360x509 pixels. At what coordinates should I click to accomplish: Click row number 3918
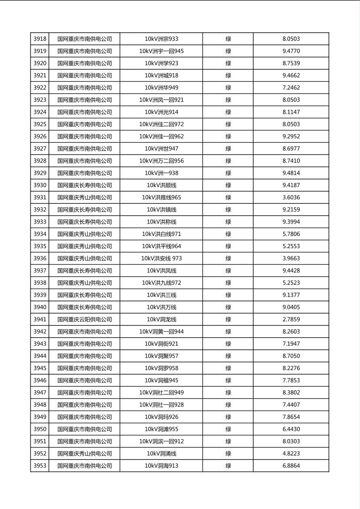(x=40, y=39)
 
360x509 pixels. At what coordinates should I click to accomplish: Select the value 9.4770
(x=291, y=51)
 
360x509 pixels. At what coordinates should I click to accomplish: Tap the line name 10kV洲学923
(x=161, y=63)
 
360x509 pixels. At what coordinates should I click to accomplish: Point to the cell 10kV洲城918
(x=161, y=75)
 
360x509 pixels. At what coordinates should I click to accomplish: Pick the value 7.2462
(x=291, y=88)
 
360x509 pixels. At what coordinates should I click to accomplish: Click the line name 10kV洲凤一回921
(x=161, y=100)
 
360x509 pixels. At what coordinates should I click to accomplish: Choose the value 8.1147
(x=291, y=112)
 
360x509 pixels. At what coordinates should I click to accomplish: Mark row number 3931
(x=40, y=198)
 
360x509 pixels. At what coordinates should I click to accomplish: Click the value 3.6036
(x=291, y=198)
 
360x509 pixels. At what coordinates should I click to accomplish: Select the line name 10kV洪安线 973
(x=161, y=259)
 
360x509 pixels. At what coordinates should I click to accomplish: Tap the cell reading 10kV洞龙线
(x=161, y=319)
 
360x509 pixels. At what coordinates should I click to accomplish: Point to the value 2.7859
(x=291, y=319)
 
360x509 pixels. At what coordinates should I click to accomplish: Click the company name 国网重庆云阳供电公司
(x=84, y=319)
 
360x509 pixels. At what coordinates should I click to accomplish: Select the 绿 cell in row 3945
(x=228, y=368)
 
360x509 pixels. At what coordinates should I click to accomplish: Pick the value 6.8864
(x=291, y=466)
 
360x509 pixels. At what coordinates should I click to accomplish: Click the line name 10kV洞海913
(x=161, y=466)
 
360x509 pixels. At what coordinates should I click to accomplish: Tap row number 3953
(x=40, y=466)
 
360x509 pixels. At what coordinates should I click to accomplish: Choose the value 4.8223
(x=291, y=454)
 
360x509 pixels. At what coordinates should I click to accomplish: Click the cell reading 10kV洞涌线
(x=161, y=454)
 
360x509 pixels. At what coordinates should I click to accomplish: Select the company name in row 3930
(x=84, y=186)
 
